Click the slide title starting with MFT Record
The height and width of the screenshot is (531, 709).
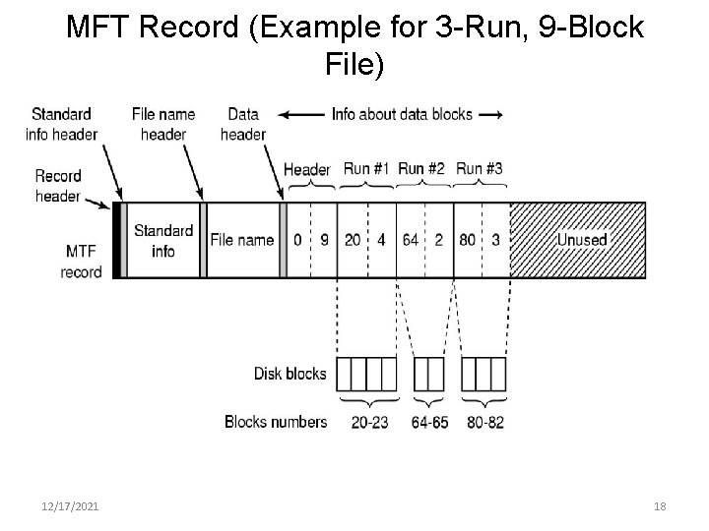[x=354, y=46]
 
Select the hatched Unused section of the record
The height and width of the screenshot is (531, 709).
[x=577, y=239]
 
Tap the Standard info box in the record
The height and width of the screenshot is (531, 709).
[x=162, y=240]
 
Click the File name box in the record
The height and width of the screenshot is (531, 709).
[x=241, y=239]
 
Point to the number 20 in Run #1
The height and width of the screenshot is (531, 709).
[x=352, y=239]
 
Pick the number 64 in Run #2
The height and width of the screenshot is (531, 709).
[x=410, y=239]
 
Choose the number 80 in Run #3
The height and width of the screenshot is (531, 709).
[x=467, y=239]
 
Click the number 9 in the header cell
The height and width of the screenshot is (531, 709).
[x=324, y=239]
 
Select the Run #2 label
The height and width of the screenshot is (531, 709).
[x=422, y=169]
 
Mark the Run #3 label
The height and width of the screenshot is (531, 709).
[x=480, y=169]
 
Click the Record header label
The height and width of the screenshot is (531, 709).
[x=58, y=186]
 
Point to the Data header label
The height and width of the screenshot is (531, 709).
[x=243, y=124]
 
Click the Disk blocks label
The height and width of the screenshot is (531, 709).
[x=290, y=374]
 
